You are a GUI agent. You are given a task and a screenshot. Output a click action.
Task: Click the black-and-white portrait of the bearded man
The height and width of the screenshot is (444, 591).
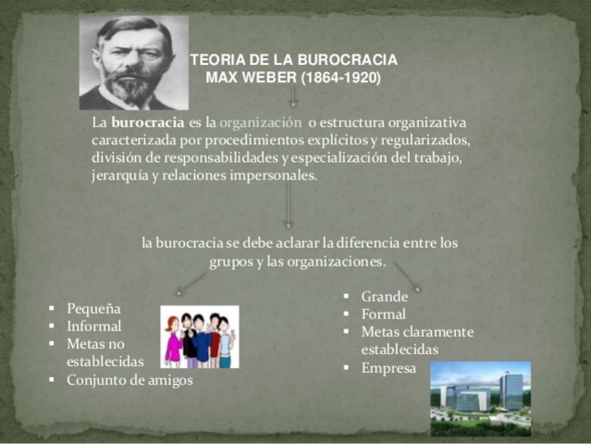tap(132, 62)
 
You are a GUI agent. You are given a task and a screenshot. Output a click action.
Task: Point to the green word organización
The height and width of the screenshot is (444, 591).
tap(261, 122)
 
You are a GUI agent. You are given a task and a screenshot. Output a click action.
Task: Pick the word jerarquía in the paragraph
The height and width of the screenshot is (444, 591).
tap(120, 175)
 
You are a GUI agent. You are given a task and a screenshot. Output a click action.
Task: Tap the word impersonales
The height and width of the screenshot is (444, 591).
tap(276, 175)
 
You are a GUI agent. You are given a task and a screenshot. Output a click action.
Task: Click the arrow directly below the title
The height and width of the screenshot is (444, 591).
tap(293, 96)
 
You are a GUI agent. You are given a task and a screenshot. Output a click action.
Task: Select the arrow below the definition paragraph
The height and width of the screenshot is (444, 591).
tap(288, 206)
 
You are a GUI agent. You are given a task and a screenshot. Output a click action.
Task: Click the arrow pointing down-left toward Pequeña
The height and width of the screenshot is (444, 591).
tap(190, 282)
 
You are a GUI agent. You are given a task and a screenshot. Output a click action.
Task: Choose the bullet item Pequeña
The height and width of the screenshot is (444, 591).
tap(93, 308)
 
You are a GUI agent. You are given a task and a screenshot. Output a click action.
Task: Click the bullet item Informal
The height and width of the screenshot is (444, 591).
tap(93, 326)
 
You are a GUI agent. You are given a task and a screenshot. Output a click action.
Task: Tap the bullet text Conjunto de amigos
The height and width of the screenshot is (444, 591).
tap(129, 379)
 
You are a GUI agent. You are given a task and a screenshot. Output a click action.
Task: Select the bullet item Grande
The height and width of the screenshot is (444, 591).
tap(384, 297)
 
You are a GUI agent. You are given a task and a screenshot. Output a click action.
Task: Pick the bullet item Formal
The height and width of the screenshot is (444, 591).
tap(383, 314)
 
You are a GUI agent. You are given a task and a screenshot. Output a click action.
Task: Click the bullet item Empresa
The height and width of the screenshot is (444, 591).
tap(388, 367)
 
